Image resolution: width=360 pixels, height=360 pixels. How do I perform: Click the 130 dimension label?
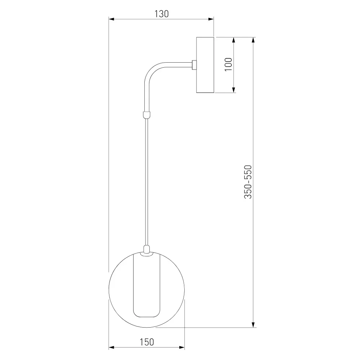click(161, 14)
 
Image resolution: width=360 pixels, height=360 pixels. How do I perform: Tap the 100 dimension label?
click(228, 64)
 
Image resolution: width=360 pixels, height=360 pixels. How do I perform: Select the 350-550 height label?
click(248, 182)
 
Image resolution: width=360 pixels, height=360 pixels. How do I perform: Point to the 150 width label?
click(147, 342)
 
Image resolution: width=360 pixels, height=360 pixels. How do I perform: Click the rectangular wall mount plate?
click(205, 65)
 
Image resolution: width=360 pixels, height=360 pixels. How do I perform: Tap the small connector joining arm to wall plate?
click(194, 65)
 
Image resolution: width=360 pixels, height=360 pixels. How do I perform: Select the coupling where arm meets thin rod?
click(147, 115)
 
